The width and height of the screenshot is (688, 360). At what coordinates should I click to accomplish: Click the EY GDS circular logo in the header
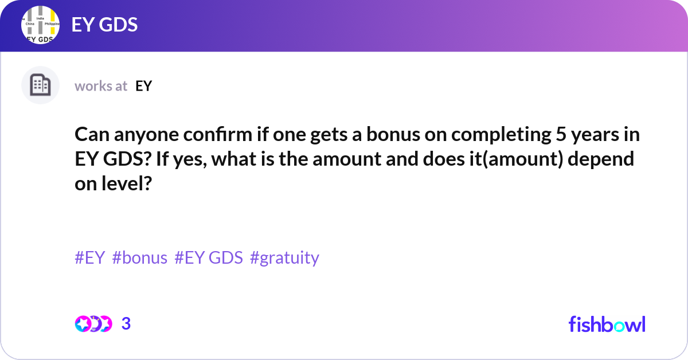point(41,25)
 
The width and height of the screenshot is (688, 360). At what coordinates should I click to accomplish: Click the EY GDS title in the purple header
point(104,25)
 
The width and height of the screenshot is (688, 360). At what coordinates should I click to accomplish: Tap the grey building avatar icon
point(40,85)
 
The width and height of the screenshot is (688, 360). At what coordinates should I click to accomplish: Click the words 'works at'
point(101,86)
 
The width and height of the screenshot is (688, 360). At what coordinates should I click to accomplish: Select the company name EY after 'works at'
point(143,86)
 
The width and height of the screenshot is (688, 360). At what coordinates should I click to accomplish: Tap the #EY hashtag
point(90,258)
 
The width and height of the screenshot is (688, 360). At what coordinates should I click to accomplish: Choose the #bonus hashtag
point(140,258)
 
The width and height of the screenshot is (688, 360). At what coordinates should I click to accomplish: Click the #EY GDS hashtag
point(209,258)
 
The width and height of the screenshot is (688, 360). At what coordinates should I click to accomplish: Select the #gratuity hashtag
point(284,258)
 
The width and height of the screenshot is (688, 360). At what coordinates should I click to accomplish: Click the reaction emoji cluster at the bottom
point(93,324)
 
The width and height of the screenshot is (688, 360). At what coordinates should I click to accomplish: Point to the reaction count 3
point(126,324)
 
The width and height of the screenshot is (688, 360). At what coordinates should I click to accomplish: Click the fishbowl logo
point(607,324)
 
